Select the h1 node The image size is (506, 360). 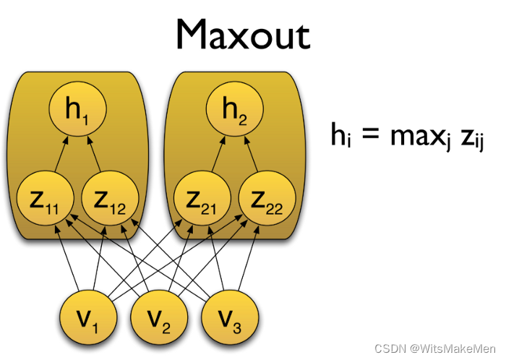pos(77,111)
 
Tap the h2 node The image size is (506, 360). pos(235,111)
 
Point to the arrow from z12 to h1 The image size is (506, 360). pos(95,155)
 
